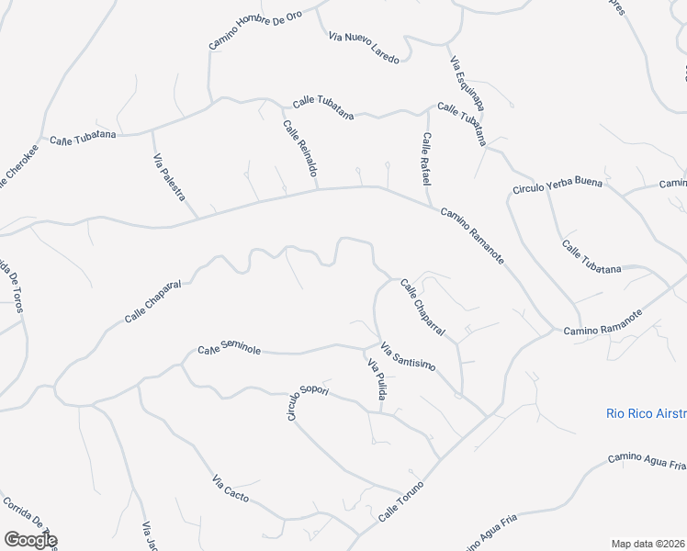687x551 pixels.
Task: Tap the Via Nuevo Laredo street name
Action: pos(364,48)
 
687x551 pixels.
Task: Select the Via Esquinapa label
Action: pos(467,84)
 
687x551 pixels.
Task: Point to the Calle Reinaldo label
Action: pos(300,149)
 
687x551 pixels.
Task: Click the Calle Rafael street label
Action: pos(427,159)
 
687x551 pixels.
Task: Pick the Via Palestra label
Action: pos(169,178)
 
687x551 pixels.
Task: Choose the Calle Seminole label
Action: pos(230,351)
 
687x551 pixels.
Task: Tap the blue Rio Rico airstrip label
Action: pos(647,413)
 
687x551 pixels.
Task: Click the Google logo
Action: pos(30,540)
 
